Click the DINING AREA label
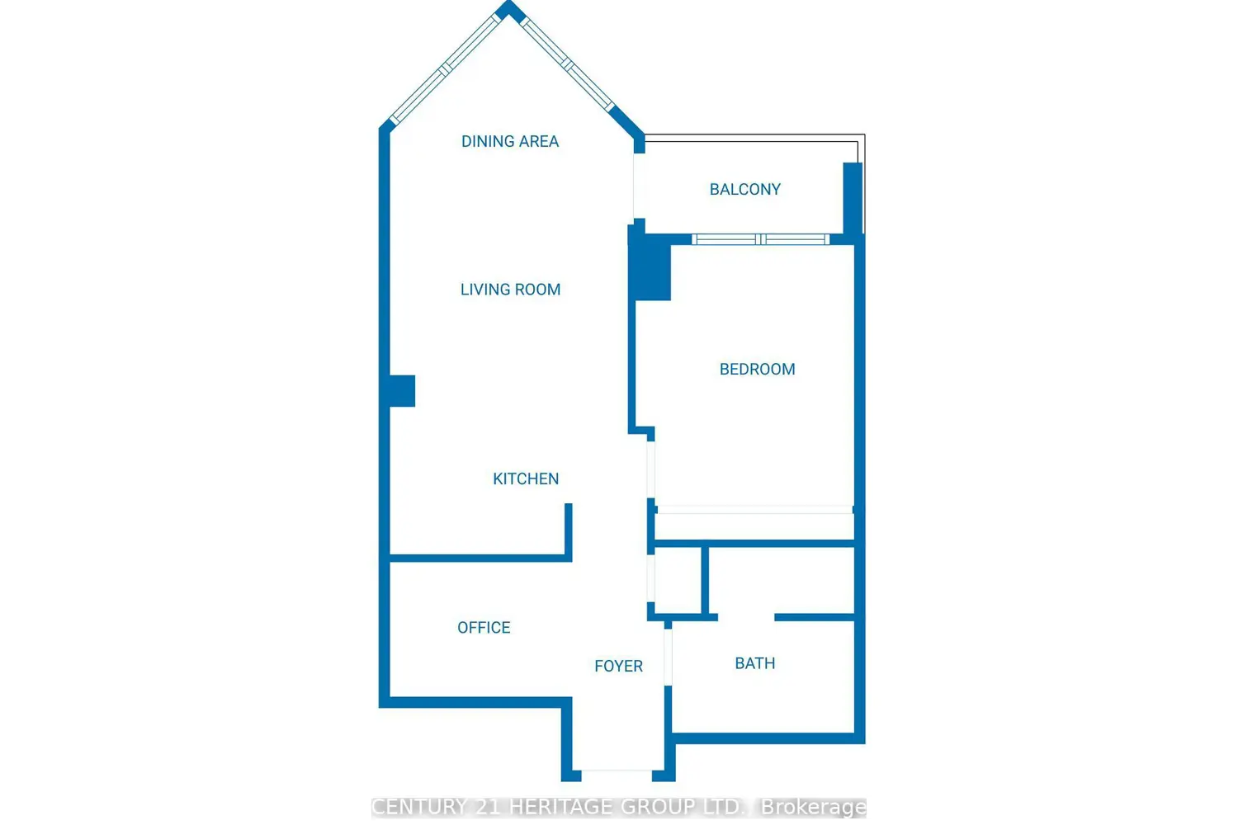click(x=509, y=141)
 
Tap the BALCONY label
click(x=745, y=190)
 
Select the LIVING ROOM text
click(x=510, y=290)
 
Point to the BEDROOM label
click(x=757, y=369)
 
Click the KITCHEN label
click(x=526, y=478)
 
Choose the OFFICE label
click(x=484, y=628)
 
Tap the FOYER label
click(x=618, y=667)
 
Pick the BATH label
click(x=755, y=663)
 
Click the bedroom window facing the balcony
click(x=760, y=239)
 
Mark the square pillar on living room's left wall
click(x=402, y=391)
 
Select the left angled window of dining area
click(x=446, y=69)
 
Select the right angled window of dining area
click(x=568, y=64)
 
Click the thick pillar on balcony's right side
click(x=853, y=199)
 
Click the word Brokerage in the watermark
click(x=814, y=808)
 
